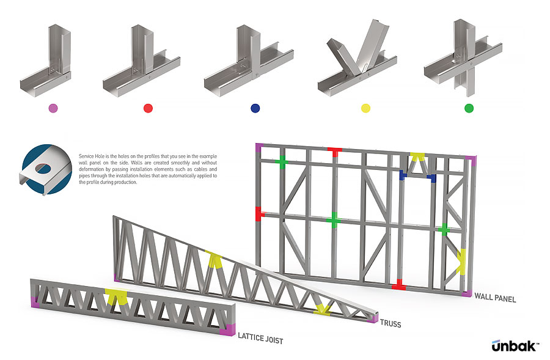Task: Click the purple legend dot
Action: [x=53, y=108]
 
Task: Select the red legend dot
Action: [x=148, y=108]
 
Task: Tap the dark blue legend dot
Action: [x=255, y=108]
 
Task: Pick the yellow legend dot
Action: [x=365, y=108]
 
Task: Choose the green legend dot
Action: [x=469, y=108]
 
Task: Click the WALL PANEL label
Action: [x=495, y=299]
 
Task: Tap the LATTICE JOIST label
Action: [x=260, y=337]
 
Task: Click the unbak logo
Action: [x=515, y=346]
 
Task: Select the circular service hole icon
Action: [x=44, y=169]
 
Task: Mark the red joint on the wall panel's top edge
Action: [x=334, y=152]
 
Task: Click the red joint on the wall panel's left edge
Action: [x=258, y=213]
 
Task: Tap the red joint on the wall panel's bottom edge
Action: [x=398, y=284]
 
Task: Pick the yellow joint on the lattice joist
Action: [x=115, y=296]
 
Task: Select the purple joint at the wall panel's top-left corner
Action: [x=258, y=147]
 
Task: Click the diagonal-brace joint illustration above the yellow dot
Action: [x=354, y=61]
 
